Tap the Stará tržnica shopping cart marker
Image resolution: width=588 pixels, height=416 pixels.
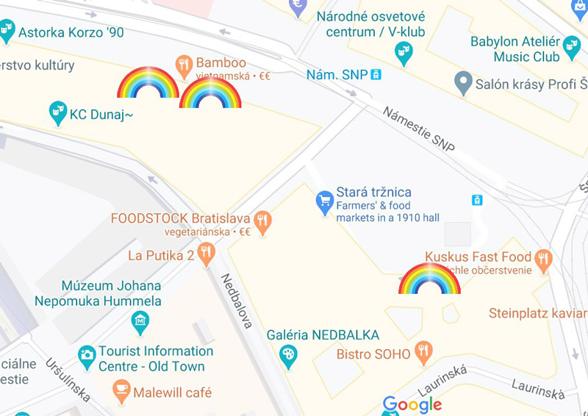pyautogui.click(x=324, y=202)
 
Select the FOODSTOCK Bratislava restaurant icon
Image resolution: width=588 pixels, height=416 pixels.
pyautogui.click(x=262, y=220)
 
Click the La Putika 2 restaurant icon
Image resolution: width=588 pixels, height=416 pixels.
pyautogui.click(x=207, y=255)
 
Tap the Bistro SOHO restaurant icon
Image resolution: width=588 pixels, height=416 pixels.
pyautogui.click(x=423, y=352)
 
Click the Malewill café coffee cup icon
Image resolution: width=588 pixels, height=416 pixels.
pyautogui.click(x=121, y=391)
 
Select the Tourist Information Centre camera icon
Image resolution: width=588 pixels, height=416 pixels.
pyautogui.click(x=87, y=356)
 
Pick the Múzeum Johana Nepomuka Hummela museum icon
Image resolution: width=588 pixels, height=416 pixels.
pyautogui.click(x=140, y=321)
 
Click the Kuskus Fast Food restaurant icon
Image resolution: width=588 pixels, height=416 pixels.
pyautogui.click(x=543, y=259)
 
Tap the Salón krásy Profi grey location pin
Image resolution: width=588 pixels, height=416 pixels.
pyautogui.click(x=462, y=83)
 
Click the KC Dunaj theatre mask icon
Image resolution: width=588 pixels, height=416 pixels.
pyautogui.click(x=57, y=112)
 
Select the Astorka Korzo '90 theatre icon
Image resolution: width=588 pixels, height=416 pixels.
pyautogui.click(x=7, y=31)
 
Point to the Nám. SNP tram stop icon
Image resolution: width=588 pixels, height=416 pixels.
pyautogui.click(x=376, y=74)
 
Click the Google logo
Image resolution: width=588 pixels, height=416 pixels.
pyautogui.click(x=412, y=405)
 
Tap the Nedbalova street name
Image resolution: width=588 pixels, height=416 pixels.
pyautogui.click(x=237, y=301)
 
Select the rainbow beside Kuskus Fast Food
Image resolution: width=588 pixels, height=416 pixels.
pyautogui.click(x=429, y=280)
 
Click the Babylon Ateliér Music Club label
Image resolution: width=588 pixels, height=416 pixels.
pyautogui.click(x=515, y=49)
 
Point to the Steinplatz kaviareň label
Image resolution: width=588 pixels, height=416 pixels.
pyautogui.click(x=538, y=314)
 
